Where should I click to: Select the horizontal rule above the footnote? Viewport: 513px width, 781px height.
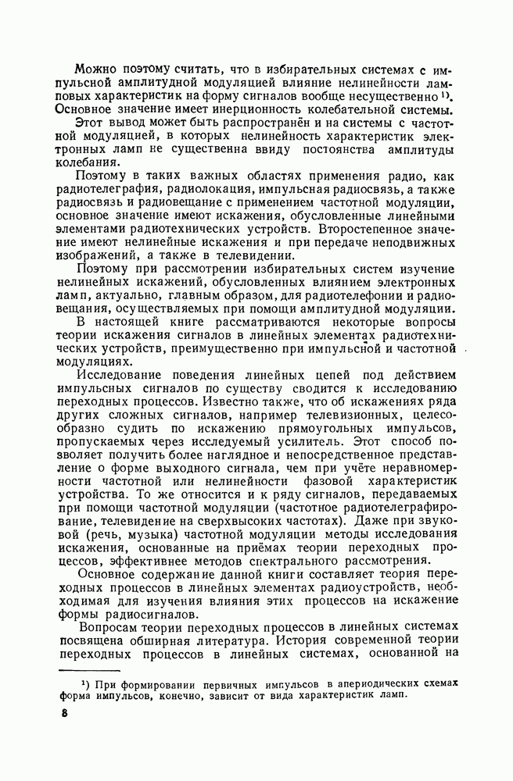90,670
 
